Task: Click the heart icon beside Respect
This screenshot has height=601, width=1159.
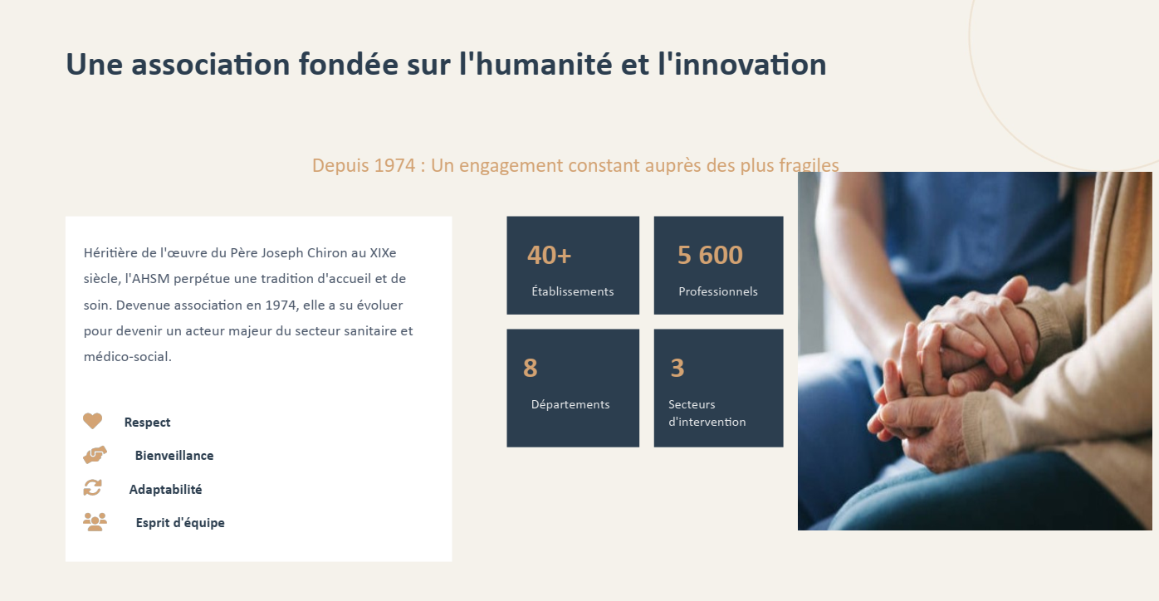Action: pyautogui.click(x=93, y=421)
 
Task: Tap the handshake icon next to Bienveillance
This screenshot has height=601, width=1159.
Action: pyautogui.click(x=95, y=455)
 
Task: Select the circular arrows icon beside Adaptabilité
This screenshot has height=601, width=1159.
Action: pyautogui.click(x=93, y=488)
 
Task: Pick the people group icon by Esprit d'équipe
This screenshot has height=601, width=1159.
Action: pyautogui.click(x=95, y=522)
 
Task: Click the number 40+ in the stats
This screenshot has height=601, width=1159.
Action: pyautogui.click(x=549, y=255)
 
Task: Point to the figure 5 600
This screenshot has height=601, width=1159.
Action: pyautogui.click(x=710, y=255)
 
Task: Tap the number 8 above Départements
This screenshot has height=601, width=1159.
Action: pyautogui.click(x=530, y=368)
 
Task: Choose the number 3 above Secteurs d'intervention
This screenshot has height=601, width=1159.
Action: pyautogui.click(x=677, y=368)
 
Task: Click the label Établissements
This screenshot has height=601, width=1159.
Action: pyautogui.click(x=573, y=291)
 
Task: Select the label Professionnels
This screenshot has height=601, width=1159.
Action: pyautogui.click(x=718, y=291)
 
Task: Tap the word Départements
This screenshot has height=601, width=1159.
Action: pyautogui.click(x=570, y=404)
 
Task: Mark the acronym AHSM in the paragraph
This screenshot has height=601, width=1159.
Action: pyautogui.click(x=150, y=279)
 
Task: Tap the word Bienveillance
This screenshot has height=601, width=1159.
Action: pyautogui.click(x=174, y=455)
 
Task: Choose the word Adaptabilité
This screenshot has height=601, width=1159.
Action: pyautogui.click(x=165, y=489)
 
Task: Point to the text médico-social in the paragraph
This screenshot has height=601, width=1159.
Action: pyautogui.click(x=127, y=356)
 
